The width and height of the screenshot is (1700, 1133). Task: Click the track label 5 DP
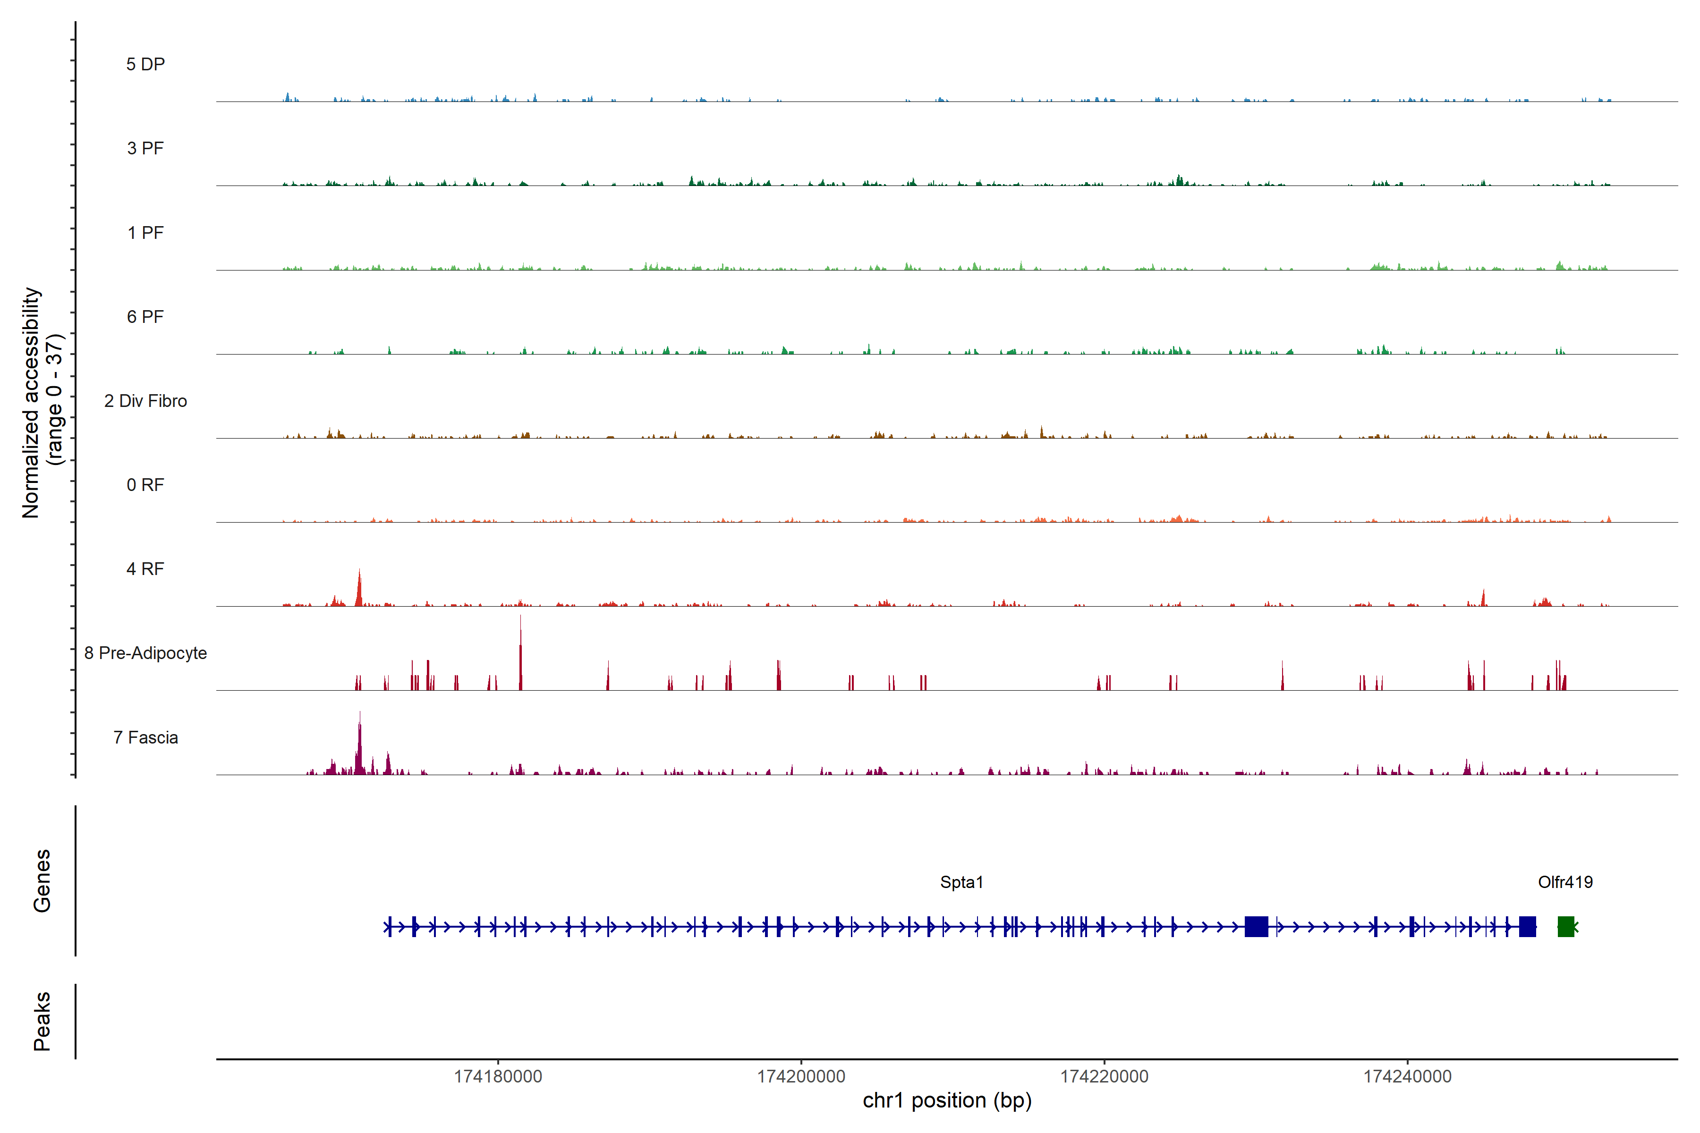click(x=145, y=64)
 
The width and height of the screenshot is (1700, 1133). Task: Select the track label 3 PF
click(x=145, y=148)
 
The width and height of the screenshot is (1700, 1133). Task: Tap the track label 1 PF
click(x=145, y=233)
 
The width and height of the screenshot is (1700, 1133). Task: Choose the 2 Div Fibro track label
click(x=145, y=401)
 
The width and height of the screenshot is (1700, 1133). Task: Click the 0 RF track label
click(x=145, y=485)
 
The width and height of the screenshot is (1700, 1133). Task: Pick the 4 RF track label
click(x=145, y=569)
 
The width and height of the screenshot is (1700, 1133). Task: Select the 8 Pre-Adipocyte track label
click(x=145, y=653)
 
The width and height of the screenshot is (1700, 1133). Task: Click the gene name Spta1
click(x=961, y=882)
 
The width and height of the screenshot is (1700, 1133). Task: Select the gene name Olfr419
click(x=1565, y=882)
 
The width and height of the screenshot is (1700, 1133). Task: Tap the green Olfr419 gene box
click(x=1565, y=926)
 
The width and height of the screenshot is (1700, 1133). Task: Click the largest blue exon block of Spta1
click(x=1256, y=926)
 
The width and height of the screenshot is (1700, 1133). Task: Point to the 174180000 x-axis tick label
click(x=498, y=1077)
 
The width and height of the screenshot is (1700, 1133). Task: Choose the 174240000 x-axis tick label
click(x=1407, y=1077)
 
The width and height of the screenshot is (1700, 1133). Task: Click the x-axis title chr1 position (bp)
click(x=947, y=1100)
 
